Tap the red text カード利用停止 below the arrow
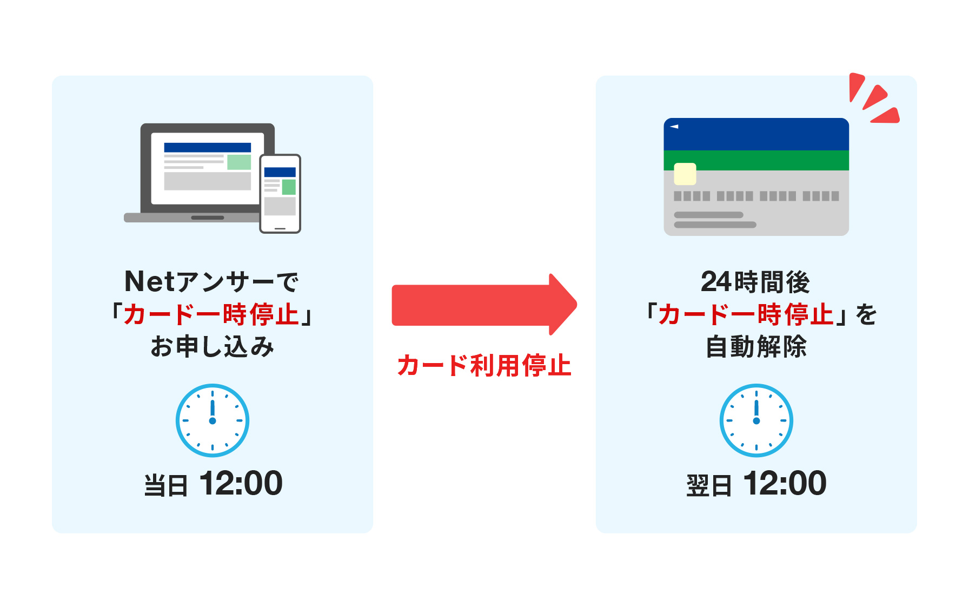tap(484, 366)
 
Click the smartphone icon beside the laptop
tap(280, 194)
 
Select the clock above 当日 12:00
tap(213, 420)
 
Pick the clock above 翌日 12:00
tap(756, 420)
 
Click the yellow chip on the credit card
tap(685, 174)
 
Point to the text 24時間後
tap(755, 282)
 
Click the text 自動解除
tap(756, 347)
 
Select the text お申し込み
tap(213, 347)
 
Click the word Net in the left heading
tap(150, 282)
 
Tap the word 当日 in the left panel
tap(165, 485)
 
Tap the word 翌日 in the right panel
tap(708, 485)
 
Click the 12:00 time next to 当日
tap(241, 483)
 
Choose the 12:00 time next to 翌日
tap(785, 483)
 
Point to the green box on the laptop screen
tap(238, 162)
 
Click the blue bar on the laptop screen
tap(207, 147)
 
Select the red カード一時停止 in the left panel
tap(211, 314)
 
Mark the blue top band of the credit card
tap(756, 134)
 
